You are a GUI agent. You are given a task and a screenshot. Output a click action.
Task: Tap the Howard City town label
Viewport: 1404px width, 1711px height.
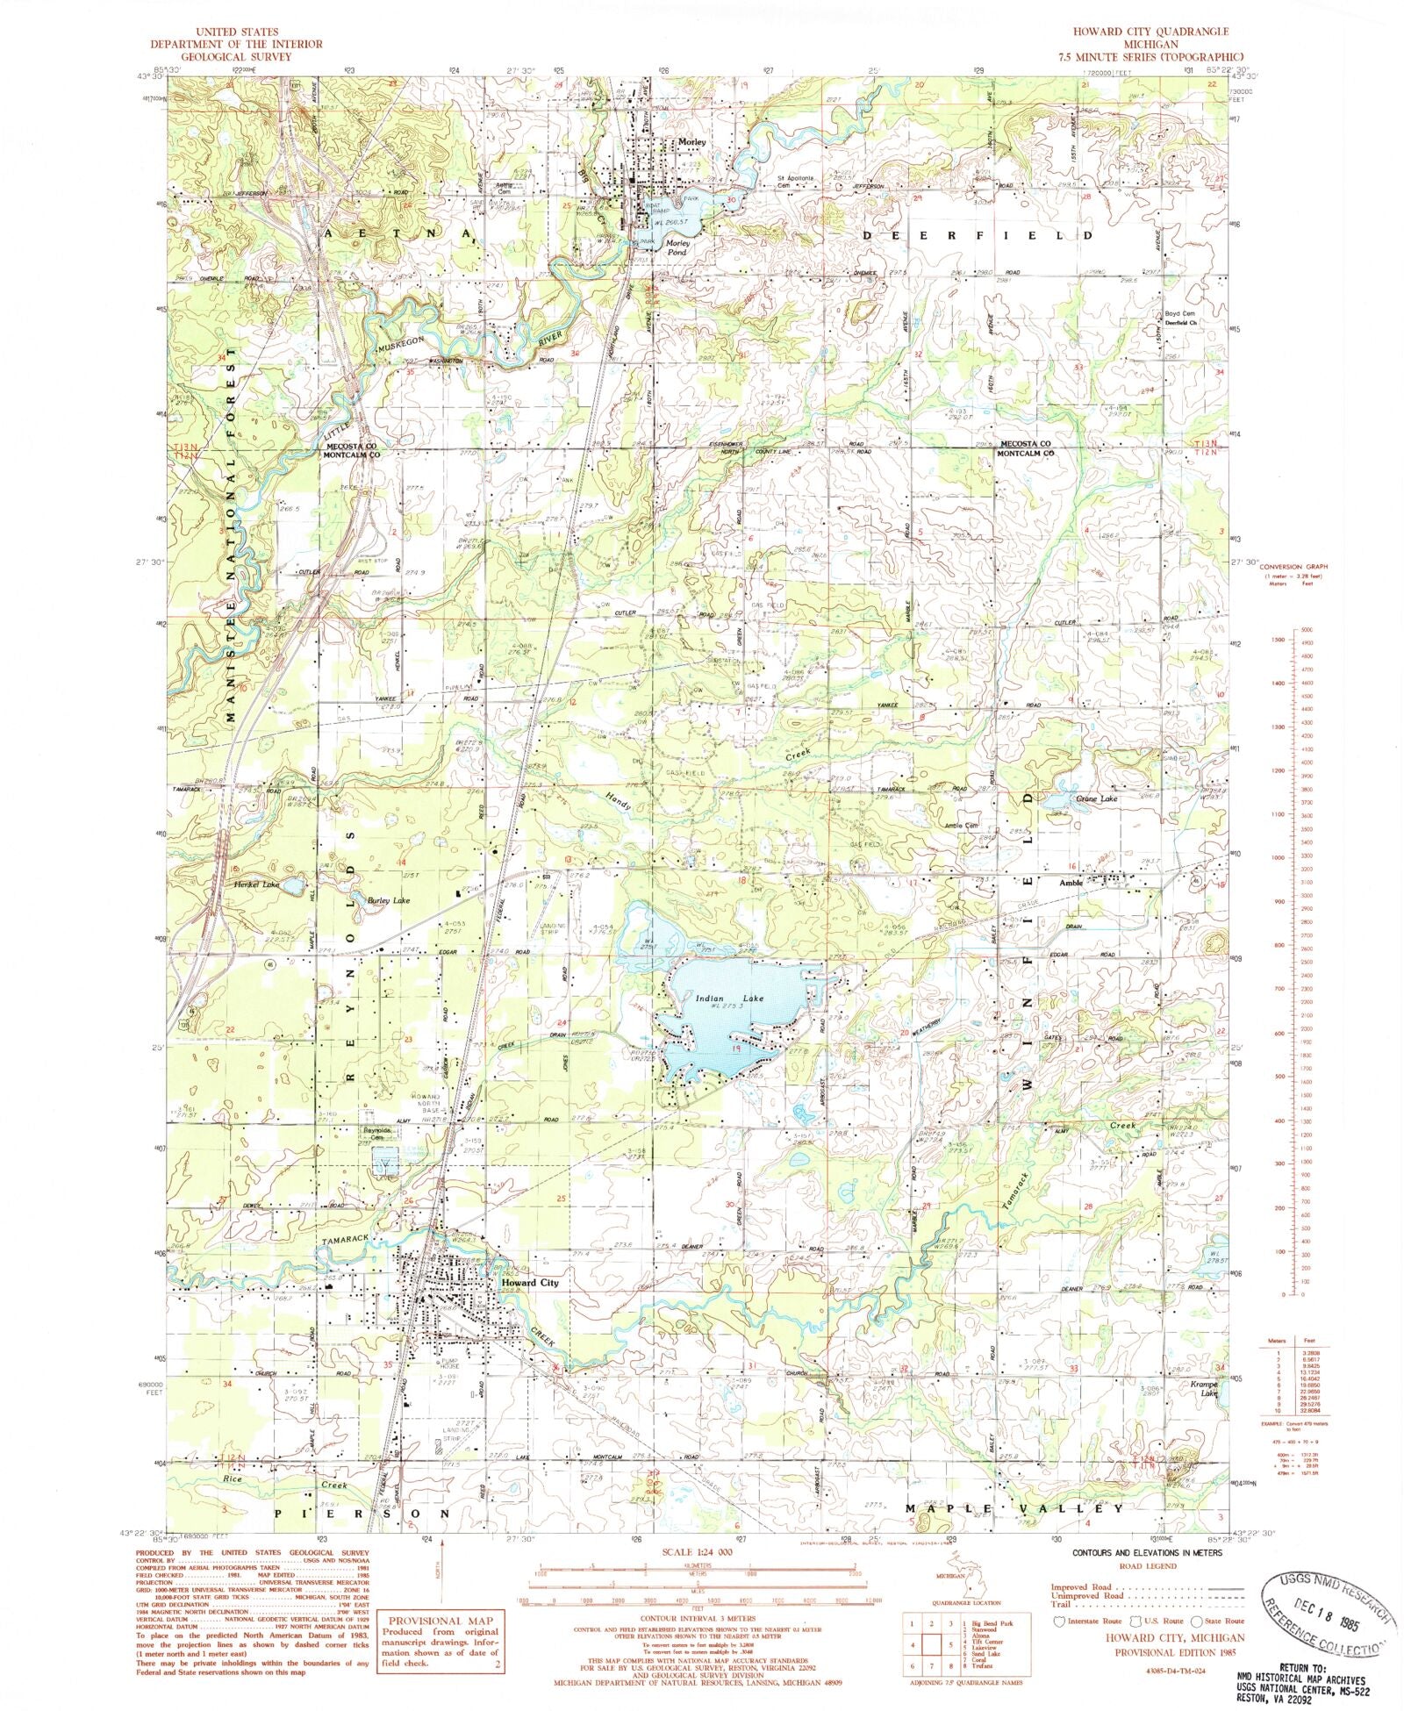(529, 1282)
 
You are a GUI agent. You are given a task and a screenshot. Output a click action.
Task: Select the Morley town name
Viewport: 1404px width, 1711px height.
(691, 142)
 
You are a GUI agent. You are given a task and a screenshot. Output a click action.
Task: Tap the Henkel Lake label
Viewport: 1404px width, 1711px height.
(256, 884)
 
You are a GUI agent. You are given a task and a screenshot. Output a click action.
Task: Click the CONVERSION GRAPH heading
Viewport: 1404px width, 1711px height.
(1296, 568)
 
